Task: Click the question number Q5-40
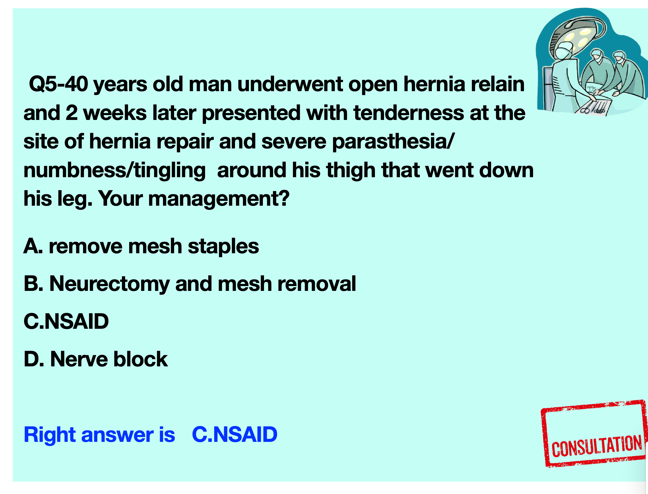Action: (x=58, y=84)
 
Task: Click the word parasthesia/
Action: (x=393, y=142)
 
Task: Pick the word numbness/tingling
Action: (x=115, y=171)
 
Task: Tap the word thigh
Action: (x=351, y=171)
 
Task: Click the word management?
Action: (x=219, y=199)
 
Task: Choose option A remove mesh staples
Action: (x=141, y=246)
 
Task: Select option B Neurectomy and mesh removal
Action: (x=190, y=284)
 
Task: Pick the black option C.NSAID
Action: (x=66, y=321)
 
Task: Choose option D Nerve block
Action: (x=96, y=359)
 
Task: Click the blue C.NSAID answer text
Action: (x=235, y=435)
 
